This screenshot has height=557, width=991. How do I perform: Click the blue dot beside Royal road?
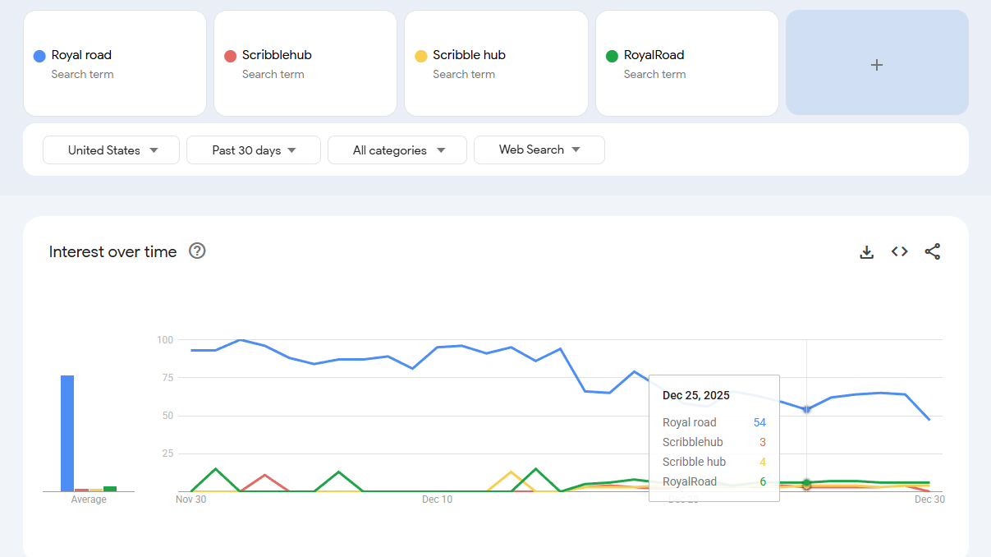click(x=39, y=56)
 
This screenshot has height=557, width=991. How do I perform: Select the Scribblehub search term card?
click(x=305, y=63)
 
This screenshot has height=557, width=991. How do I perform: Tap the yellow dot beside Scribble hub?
click(x=420, y=56)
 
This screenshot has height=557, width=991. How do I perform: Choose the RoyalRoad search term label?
click(x=654, y=55)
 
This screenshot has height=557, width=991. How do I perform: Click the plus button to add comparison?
click(x=877, y=64)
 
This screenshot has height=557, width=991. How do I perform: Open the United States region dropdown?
click(x=111, y=150)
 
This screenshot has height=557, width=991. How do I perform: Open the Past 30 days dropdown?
click(x=253, y=150)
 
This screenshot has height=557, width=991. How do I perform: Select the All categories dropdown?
click(x=397, y=150)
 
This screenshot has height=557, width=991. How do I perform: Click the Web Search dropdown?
click(x=539, y=150)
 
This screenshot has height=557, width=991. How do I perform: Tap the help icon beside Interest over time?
click(x=197, y=251)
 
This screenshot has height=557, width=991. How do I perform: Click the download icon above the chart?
click(x=866, y=252)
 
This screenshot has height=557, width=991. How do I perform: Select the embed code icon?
click(x=900, y=251)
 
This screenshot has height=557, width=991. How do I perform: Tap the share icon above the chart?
click(x=933, y=251)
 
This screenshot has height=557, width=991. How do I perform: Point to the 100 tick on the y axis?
click(x=164, y=339)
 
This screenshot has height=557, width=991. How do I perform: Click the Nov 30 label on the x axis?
click(x=190, y=499)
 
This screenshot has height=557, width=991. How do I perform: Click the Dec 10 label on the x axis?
click(x=437, y=499)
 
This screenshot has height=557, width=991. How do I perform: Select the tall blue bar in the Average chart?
click(x=67, y=433)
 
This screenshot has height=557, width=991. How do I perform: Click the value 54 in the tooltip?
click(x=759, y=422)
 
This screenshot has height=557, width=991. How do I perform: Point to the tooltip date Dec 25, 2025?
click(x=695, y=395)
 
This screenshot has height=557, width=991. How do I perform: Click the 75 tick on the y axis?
click(x=167, y=377)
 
